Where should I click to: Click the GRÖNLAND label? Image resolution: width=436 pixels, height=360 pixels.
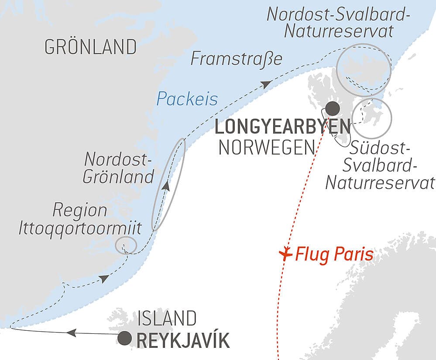click(90, 47)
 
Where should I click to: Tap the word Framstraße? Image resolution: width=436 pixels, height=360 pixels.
click(236, 59)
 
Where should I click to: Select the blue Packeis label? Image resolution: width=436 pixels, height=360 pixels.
click(187, 99)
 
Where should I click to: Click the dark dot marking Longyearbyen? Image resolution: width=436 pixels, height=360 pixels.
click(333, 107)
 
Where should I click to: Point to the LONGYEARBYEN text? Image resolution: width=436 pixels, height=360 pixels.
click(283, 127)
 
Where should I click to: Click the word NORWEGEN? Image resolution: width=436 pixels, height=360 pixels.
click(266, 148)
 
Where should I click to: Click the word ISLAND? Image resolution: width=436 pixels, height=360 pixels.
click(167, 319)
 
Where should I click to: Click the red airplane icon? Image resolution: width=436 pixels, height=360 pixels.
click(285, 253)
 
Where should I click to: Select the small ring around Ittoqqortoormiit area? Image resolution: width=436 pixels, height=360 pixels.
click(126, 245)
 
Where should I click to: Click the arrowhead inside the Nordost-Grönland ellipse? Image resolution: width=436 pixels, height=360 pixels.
click(166, 187)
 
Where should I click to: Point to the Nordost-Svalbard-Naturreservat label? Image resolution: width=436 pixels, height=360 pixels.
click(339, 22)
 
